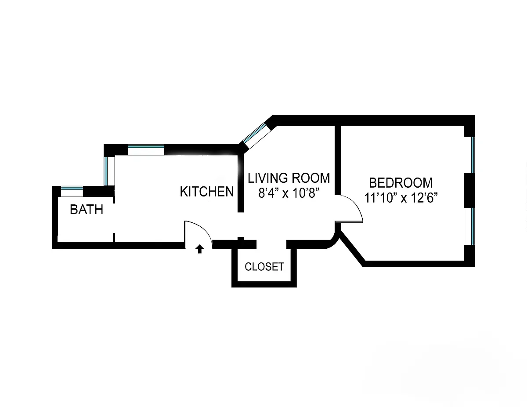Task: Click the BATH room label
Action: coord(87,209)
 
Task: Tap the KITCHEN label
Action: coord(207,192)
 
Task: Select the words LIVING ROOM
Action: coord(289,178)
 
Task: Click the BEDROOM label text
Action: coord(401,182)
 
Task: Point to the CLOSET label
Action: coord(264,266)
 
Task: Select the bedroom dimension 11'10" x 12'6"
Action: coord(402,197)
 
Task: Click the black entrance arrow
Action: coord(199,249)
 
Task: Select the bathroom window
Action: coord(72,192)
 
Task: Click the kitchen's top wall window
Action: coord(146,149)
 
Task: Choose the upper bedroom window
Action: coord(469,155)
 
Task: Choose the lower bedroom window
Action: coord(469,225)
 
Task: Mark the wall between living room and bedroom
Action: coord(338,160)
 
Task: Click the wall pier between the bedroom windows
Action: coord(469,190)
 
